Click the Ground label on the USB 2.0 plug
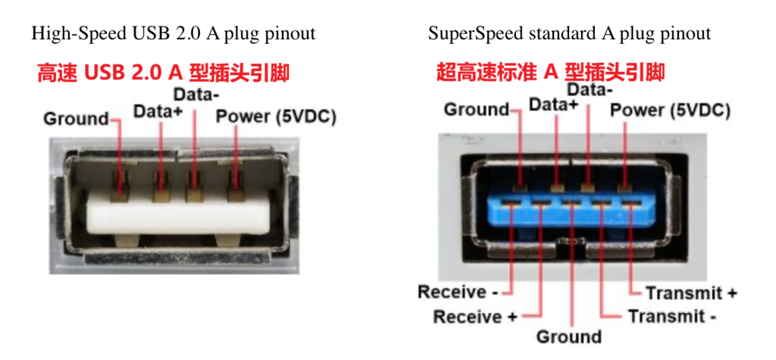coord(76,119)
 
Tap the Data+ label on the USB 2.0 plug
coord(157,111)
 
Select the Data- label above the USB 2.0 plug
coord(196,95)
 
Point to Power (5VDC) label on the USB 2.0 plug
coord(276,117)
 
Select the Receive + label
coord(475,316)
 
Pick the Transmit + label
coord(690,293)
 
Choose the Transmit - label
coord(671,316)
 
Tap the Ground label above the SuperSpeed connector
coord(476,110)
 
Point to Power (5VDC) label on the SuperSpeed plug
coord(670,111)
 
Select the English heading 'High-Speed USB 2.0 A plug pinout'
coord(173,33)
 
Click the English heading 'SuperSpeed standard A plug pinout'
coord(569,33)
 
